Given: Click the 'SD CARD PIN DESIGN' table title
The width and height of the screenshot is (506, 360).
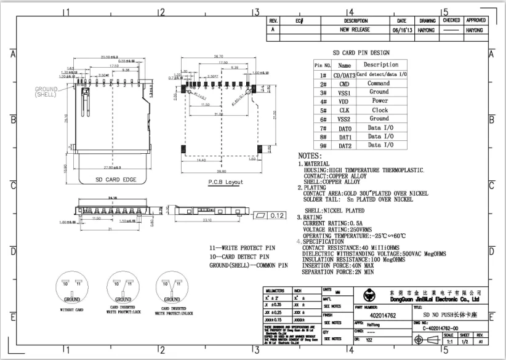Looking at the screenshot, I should [x=361, y=54].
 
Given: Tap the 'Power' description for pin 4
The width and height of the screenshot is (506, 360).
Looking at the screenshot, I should [x=379, y=101].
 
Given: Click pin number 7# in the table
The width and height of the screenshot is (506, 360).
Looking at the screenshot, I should [x=323, y=128].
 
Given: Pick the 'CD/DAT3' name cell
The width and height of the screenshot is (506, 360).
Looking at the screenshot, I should [x=345, y=74].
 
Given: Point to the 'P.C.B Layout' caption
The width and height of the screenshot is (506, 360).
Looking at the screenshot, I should [x=225, y=182].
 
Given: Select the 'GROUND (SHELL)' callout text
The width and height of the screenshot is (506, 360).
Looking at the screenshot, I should [x=46, y=92].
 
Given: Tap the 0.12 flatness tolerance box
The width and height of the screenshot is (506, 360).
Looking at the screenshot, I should [x=276, y=215].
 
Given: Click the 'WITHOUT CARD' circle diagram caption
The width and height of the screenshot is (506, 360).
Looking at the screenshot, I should [x=72, y=309].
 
